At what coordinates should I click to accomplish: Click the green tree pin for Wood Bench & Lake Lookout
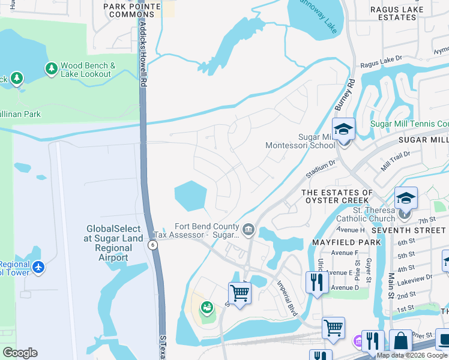pyautogui.click(x=51, y=69)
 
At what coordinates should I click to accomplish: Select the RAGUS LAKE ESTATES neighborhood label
pyautogui.click(x=393, y=13)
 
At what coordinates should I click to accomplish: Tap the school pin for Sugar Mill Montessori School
pyautogui.click(x=343, y=130)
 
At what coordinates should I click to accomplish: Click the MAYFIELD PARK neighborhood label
pyautogui.click(x=346, y=242)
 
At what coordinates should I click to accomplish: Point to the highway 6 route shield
pyautogui.click(x=153, y=244)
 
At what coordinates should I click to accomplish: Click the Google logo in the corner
pyautogui.click(x=20, y=352)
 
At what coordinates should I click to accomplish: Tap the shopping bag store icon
pyautogui.click(x=400, y=341)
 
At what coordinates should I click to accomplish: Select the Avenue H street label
pyautogui.click(x=351, y=230)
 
